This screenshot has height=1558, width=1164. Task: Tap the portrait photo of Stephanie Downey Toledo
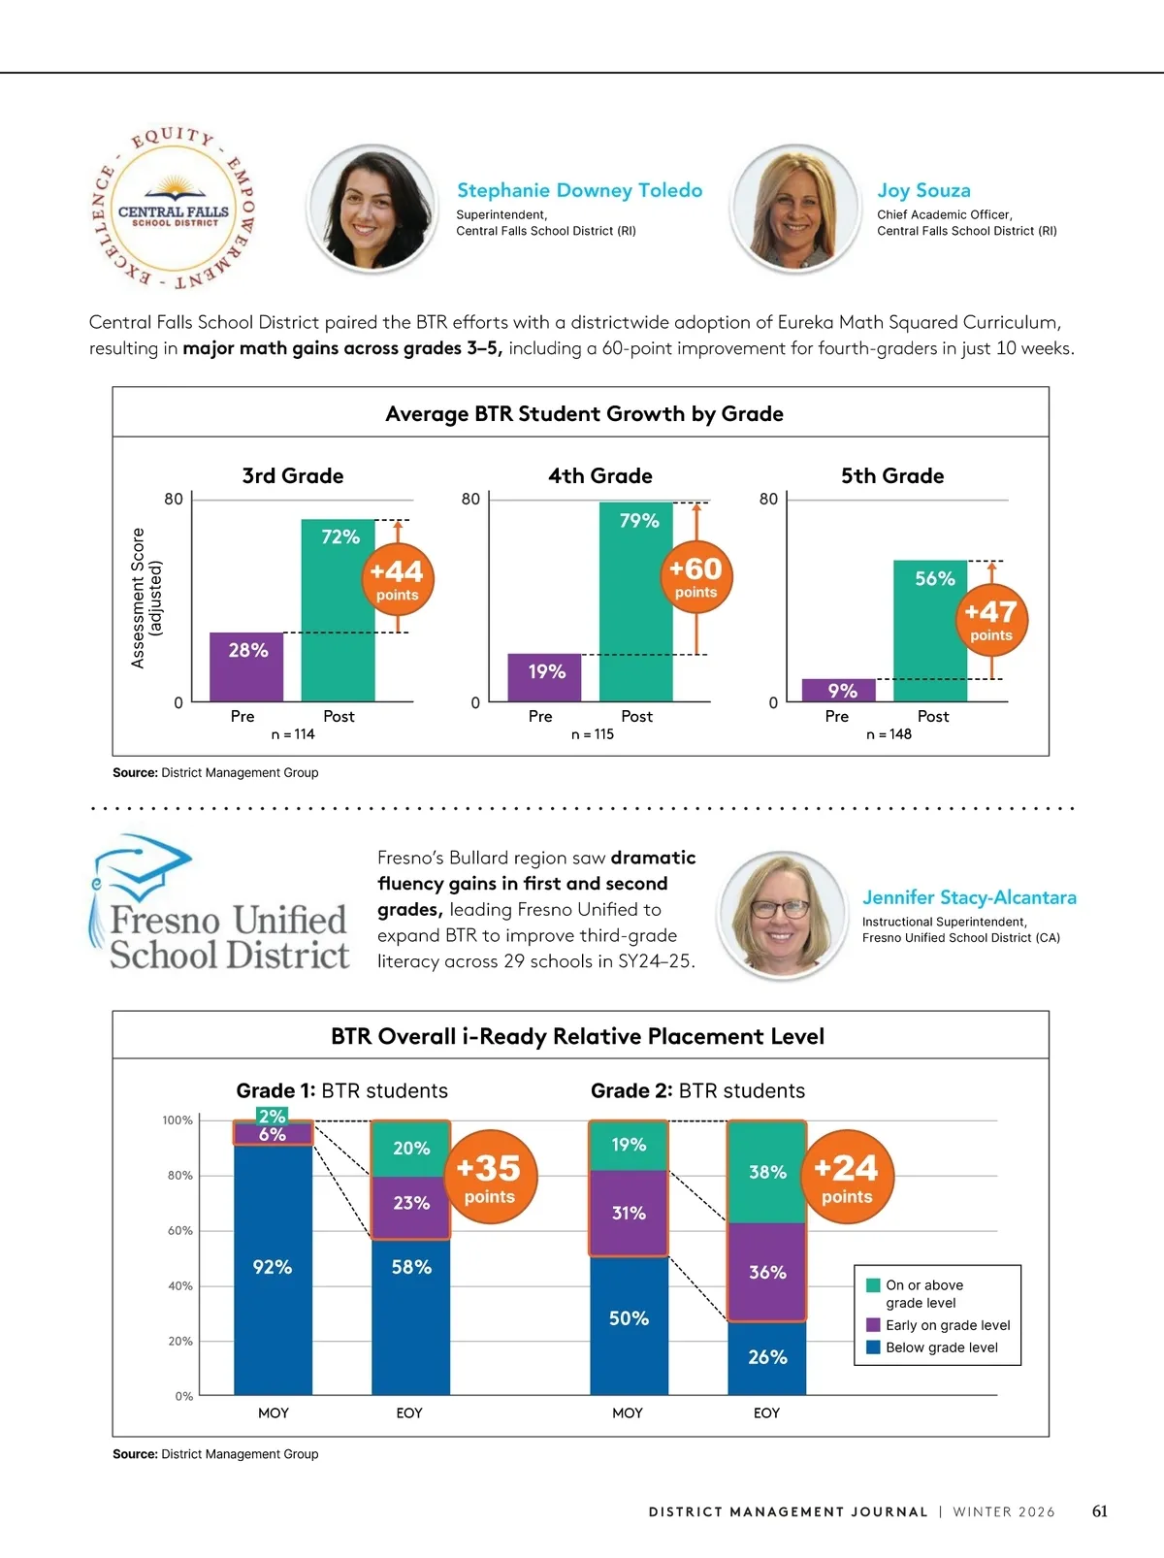372,209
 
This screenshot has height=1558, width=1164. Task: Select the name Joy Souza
923,190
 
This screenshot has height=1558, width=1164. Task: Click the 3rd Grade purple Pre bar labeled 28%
246,666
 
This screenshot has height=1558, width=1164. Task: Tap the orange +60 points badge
695,576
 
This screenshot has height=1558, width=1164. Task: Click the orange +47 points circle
990,619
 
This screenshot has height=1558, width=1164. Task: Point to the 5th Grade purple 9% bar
839,690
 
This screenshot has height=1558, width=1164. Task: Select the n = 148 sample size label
889,734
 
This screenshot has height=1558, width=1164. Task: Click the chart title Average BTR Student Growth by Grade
584,414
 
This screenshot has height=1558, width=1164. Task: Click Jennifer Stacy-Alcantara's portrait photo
781,916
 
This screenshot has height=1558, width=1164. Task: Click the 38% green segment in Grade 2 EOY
767,1172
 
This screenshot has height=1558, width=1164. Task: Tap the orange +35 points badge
490,1176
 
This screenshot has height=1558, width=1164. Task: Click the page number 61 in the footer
1099,1511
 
